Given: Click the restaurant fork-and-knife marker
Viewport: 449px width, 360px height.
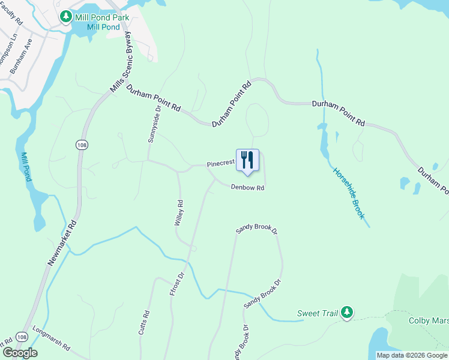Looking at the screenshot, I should tap(247, 161).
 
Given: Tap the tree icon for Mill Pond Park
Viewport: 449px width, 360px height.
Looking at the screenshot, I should tap(66, 17).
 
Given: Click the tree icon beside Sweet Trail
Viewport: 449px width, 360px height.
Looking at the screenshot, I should tap(346, 312).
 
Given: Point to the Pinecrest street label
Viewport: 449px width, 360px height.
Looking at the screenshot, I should tap(219, 163).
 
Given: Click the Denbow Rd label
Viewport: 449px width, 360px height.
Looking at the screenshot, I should tap(248, 188).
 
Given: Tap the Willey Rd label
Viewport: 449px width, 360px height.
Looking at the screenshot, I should tap(178, 213).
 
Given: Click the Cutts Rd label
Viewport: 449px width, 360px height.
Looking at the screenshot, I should tap(144, 323).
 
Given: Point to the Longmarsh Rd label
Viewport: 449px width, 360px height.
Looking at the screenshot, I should tap(52, 347).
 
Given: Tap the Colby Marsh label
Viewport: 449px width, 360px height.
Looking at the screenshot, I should tap(429, 321).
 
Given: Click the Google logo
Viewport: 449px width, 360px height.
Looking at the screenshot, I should tap(20, 353).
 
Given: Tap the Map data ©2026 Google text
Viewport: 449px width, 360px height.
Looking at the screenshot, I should tap(412, 355).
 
